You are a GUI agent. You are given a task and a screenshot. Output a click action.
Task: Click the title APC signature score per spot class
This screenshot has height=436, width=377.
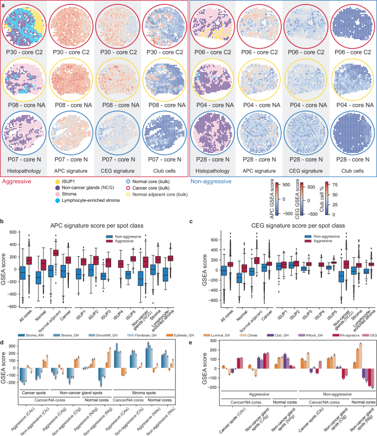pos(92,225)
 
